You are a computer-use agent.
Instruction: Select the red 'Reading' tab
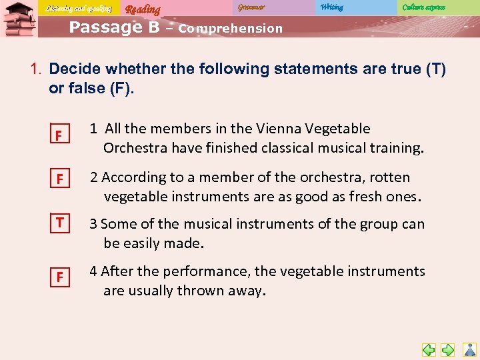click(x=143, y=9)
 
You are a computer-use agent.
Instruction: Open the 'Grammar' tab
click(x=251, y=7)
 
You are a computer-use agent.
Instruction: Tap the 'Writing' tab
click(x=331, y=7)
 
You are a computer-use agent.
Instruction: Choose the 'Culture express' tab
click(x=423, y=7)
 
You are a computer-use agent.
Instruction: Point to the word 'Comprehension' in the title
click(x=231, y=29)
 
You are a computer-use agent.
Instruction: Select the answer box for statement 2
click(x=59, y=180)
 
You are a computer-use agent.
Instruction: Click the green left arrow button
click(x=429, y=349)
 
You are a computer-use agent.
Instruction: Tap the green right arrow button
click(x=448, y=349)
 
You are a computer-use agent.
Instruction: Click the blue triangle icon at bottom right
click(x=469, y=349)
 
